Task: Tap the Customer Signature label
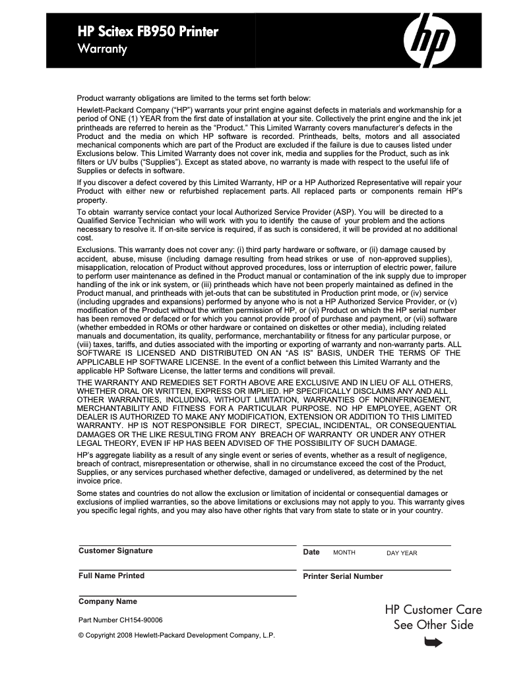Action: point(115,551)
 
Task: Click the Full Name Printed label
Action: point(111,576)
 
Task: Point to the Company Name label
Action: point(108,601)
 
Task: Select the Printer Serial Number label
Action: point(343,576)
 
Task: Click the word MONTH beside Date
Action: point(344,553)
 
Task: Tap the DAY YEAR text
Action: point(402,553)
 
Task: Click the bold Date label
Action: point(311,552)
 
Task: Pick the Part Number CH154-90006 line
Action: point(121,620)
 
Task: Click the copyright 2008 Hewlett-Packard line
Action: point(176,635)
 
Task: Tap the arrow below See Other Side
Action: point(434,642)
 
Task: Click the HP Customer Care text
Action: point(433,610)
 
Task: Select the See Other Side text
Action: point(433,625)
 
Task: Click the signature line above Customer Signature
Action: point(187,545)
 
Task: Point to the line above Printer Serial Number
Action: point(377,570)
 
